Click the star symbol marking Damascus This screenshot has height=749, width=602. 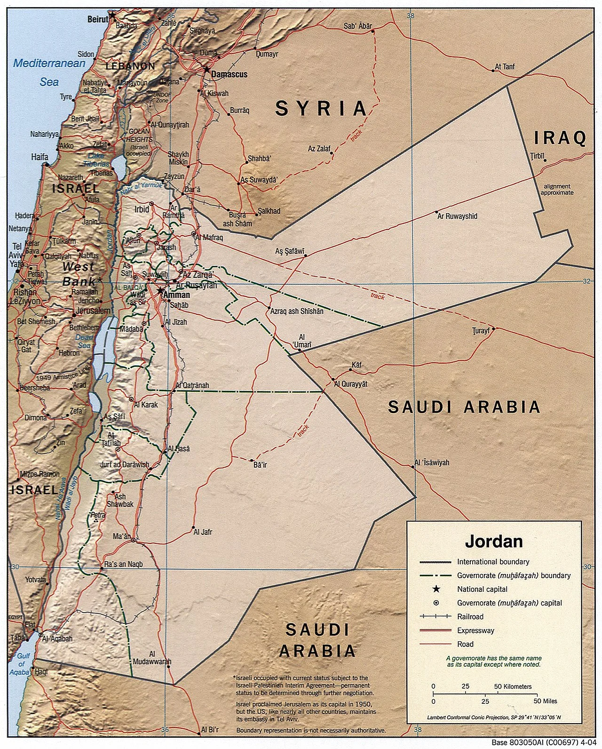pyautogui.click(x=207, y=69)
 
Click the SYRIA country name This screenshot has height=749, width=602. pyautogui.click(x=321, y=109)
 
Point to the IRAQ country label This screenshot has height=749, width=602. pyautogui.click(x=560, y=138)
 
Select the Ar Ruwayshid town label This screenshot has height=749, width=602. pyautogui.click(x=457, y=216)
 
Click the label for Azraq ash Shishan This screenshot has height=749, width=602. pyautogui.click(x=296, y=311)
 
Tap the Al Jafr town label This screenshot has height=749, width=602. pyautogui.click(x=203, y=532)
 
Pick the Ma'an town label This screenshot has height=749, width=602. pyautogui.click(x=121, y=536)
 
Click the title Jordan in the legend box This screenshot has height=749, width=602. pyautogui.click(x=493, y=541)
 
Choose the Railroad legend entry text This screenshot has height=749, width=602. pyautogui.click(x=470, y=616)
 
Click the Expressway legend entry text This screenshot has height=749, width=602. pyautogui.click(x=475, y=630)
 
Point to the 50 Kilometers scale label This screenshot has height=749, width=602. pyautogui.click(x=513, y=686)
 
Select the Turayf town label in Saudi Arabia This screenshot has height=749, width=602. pyautogui.click(x=481, y=330)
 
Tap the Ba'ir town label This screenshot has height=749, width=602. pyautogui.click(x=260, y=465)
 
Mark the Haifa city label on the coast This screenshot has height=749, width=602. pyautogui.click(x=40, y=157)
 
